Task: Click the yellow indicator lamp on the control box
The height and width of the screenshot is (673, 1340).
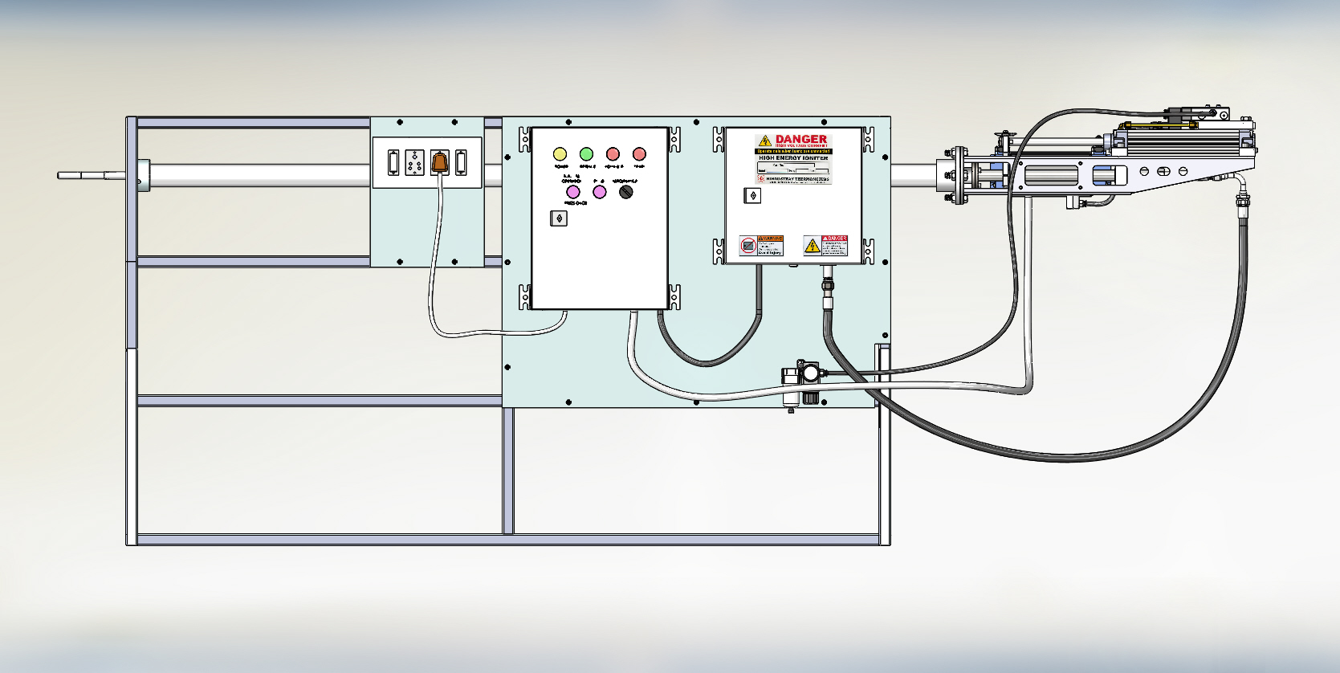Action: point(560,153)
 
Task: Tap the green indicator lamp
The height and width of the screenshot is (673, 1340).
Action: point(586,153)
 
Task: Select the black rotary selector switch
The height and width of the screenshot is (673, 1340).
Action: point(626,192)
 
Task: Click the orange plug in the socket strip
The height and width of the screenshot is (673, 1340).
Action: point(438,162)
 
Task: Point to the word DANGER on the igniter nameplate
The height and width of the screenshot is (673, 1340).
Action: point(800,139)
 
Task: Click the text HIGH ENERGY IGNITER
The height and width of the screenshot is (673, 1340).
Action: point(792,158)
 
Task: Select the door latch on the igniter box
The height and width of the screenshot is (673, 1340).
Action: point(752,195)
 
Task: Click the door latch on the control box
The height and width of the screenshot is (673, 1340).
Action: point(559,218)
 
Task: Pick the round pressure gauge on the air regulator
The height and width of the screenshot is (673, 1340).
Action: point(812,373)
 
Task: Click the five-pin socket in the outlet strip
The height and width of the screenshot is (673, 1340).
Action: point(414,162)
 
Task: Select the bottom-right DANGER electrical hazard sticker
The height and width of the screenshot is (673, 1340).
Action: point(826,246)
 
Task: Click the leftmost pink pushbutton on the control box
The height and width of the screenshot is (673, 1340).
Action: point(573,192)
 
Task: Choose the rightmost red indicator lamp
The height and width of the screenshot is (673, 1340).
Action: point(639,153)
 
